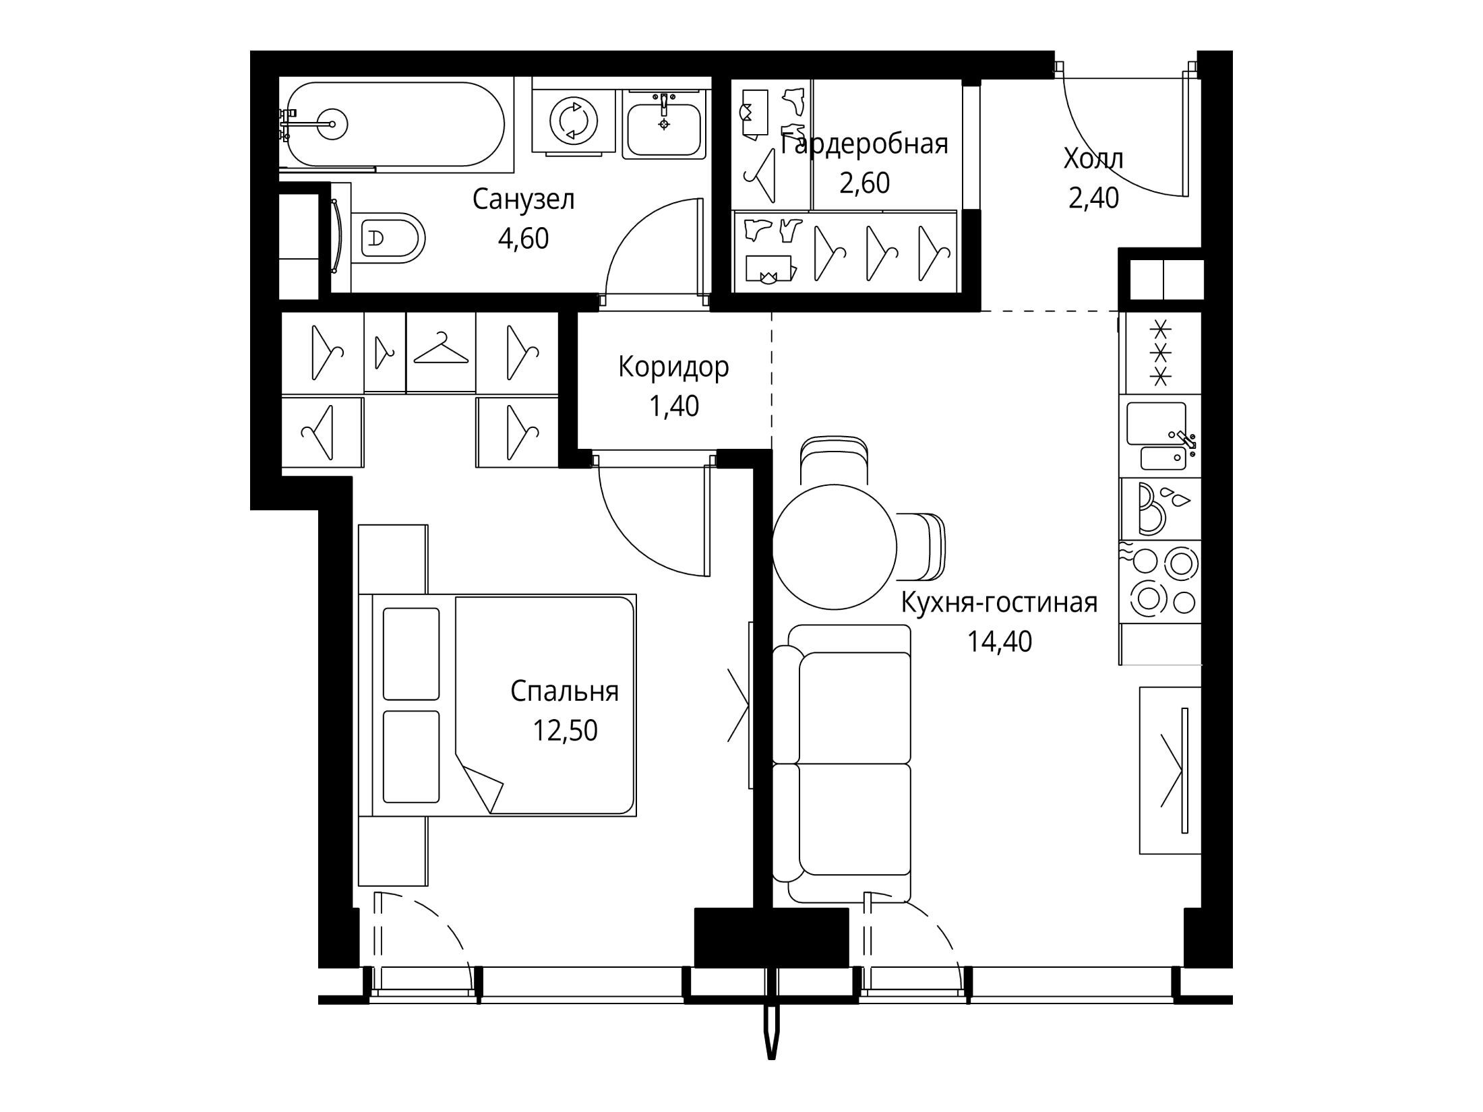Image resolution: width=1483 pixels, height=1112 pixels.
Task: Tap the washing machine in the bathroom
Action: pyautogui.click(x=574, y=121)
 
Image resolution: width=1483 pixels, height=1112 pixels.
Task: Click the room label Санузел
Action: pyautogui.click(x=523, y=199)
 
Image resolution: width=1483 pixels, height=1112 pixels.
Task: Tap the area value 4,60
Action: pyautogui.click(x=523, y=239)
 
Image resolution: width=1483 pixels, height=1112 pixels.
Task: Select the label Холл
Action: pyautogui.click(x=1093, y=160)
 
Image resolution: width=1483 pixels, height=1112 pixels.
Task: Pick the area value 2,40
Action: pyautogui.click(x=1093, y=198)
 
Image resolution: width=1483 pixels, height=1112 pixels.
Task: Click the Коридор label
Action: pyautogui.click(x=673, y=368)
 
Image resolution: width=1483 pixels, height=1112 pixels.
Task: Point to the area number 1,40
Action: pyautogui.click(x=673, y=406)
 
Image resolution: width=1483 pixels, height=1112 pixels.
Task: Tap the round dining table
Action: pyautogui.click(x=835, y=545)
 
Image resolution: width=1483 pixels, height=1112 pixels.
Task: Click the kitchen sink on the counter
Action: pyautogui.click(x=1159, y=437)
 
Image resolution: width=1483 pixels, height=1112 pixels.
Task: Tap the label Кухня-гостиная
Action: pyautogui.click(x=1000, y=603)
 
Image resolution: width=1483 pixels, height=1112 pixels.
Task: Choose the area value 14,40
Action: pyautogui.click(x=1000, y=642)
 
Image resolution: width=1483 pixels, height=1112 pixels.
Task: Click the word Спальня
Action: pyautogui.click(x=564, y=691)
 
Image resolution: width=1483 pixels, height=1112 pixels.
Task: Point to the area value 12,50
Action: pyautogui.click(x=565, y=731)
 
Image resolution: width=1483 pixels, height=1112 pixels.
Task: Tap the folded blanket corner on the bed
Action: pyautogui.click(x=481, y=785)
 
